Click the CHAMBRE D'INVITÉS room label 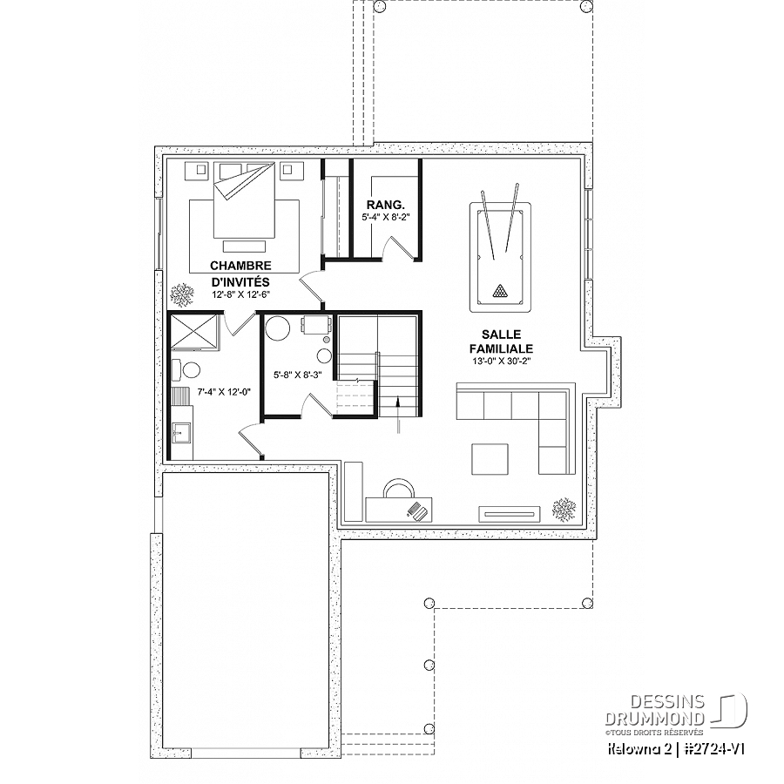point(240,274)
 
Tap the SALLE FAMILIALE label point(501,341)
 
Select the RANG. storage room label point(385,205)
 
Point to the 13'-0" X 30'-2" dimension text point(501,361)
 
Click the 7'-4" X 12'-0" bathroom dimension point(224,392)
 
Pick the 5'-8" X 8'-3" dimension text point(298,374)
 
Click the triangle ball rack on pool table point(499,290)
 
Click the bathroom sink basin point(180,433)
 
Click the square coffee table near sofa point(490,459)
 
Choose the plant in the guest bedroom point(182,295)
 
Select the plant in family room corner point(564,509)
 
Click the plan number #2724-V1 point(716,749)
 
